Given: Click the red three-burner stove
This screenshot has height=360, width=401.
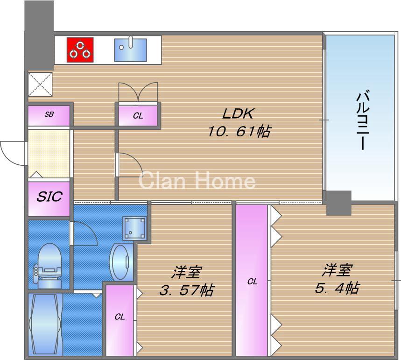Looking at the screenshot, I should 80,49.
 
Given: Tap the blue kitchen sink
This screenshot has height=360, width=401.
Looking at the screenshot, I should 130,49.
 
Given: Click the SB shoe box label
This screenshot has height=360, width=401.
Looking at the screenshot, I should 49,114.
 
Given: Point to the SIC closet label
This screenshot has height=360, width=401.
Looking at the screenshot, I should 49,197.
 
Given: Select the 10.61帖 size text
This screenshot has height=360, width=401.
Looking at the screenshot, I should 239,132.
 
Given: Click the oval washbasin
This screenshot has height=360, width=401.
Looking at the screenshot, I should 120,262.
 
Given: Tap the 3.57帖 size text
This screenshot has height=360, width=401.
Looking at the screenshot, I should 186,290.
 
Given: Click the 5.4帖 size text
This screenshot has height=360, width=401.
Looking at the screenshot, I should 337,288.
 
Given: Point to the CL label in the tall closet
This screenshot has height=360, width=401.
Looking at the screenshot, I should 252,282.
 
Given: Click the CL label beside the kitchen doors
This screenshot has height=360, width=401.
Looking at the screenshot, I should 138,116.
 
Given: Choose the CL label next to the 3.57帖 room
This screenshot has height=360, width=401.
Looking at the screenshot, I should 120,317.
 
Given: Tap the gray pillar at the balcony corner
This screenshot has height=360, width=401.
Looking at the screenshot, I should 338,203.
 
